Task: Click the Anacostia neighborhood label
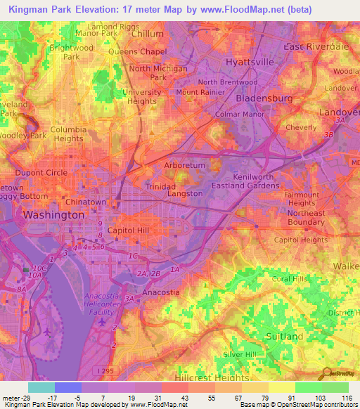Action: (161, 292)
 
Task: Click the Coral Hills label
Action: (292, 278)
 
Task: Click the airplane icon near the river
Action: (46, 330)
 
